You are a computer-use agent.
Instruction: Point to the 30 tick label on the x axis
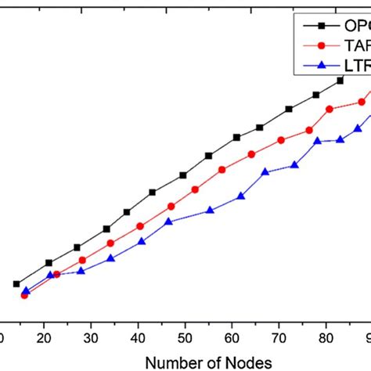coord(92,337)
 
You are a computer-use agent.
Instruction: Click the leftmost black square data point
coord(16,284)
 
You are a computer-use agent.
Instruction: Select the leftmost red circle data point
coord(24,295)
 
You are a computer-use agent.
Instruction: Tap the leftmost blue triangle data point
coord(26,290)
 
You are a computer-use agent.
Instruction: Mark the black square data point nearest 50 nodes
coord(183,175)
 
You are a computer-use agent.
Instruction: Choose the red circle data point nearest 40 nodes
coord(140,226)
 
